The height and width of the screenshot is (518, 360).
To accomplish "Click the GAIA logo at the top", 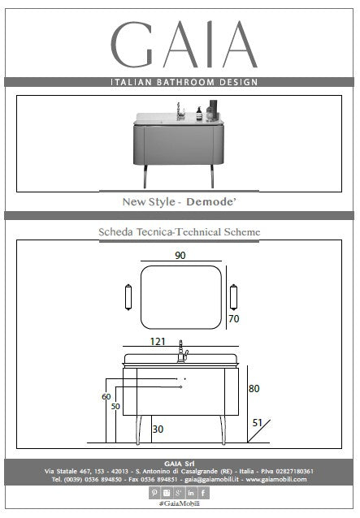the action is pos(184,45).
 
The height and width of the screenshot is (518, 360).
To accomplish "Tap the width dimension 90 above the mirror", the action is pos(180,256).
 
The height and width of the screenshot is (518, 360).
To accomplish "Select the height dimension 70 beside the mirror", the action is pos(234,319).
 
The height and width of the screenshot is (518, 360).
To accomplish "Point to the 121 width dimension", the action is pos(158,341).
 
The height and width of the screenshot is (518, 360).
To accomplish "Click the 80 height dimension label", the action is pos(254,388).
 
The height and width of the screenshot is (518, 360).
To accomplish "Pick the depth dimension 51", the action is pos(257,423).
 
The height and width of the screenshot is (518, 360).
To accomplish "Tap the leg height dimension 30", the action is pos(158,430).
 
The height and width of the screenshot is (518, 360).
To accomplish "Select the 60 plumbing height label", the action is pos(106,396).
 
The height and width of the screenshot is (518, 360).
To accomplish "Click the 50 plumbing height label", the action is pos(115,406).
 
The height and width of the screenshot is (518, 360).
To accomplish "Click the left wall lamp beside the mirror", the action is pos(128,297).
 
